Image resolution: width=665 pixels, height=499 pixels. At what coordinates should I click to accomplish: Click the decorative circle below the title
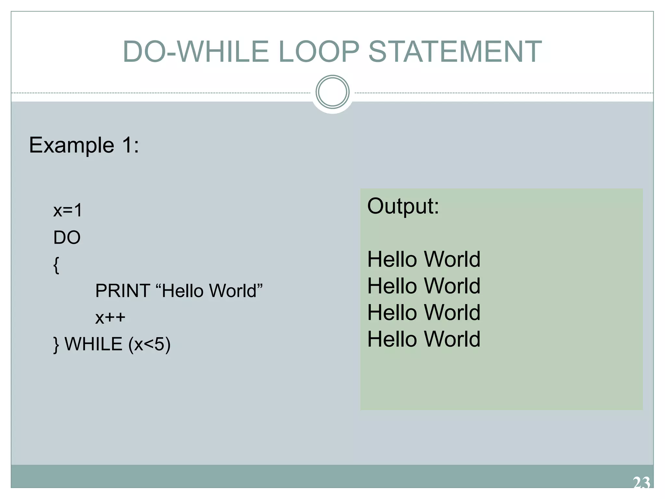[332, 92]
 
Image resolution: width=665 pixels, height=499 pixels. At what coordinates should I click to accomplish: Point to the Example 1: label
[84, 145]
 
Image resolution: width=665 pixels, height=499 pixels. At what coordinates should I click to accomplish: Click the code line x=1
[68, 211]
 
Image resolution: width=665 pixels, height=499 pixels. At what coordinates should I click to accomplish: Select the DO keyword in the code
[67, 237]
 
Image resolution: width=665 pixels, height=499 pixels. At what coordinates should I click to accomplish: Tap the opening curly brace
[56, 265]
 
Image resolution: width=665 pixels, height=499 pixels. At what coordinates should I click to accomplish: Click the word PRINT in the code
[122, 290]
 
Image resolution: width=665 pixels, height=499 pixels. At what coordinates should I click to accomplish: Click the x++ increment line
[110, 317]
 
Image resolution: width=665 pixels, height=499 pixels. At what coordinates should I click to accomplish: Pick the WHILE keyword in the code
[94, 344]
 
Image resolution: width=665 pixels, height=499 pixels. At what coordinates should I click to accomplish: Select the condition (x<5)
[149, 344]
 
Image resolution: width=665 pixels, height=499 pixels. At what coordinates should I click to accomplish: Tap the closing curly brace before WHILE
[56, 344]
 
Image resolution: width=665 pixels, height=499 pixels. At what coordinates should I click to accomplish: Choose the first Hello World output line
[424, 259]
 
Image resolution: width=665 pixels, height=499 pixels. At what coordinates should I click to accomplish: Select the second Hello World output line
[424, 286]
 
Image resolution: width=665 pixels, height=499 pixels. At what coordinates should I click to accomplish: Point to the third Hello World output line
[424, 313]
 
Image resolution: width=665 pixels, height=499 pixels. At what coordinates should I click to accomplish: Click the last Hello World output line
[424, 339]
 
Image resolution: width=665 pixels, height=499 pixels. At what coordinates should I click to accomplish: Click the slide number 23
[641, 483]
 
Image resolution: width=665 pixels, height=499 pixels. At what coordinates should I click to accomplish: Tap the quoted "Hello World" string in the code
[209, 290]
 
